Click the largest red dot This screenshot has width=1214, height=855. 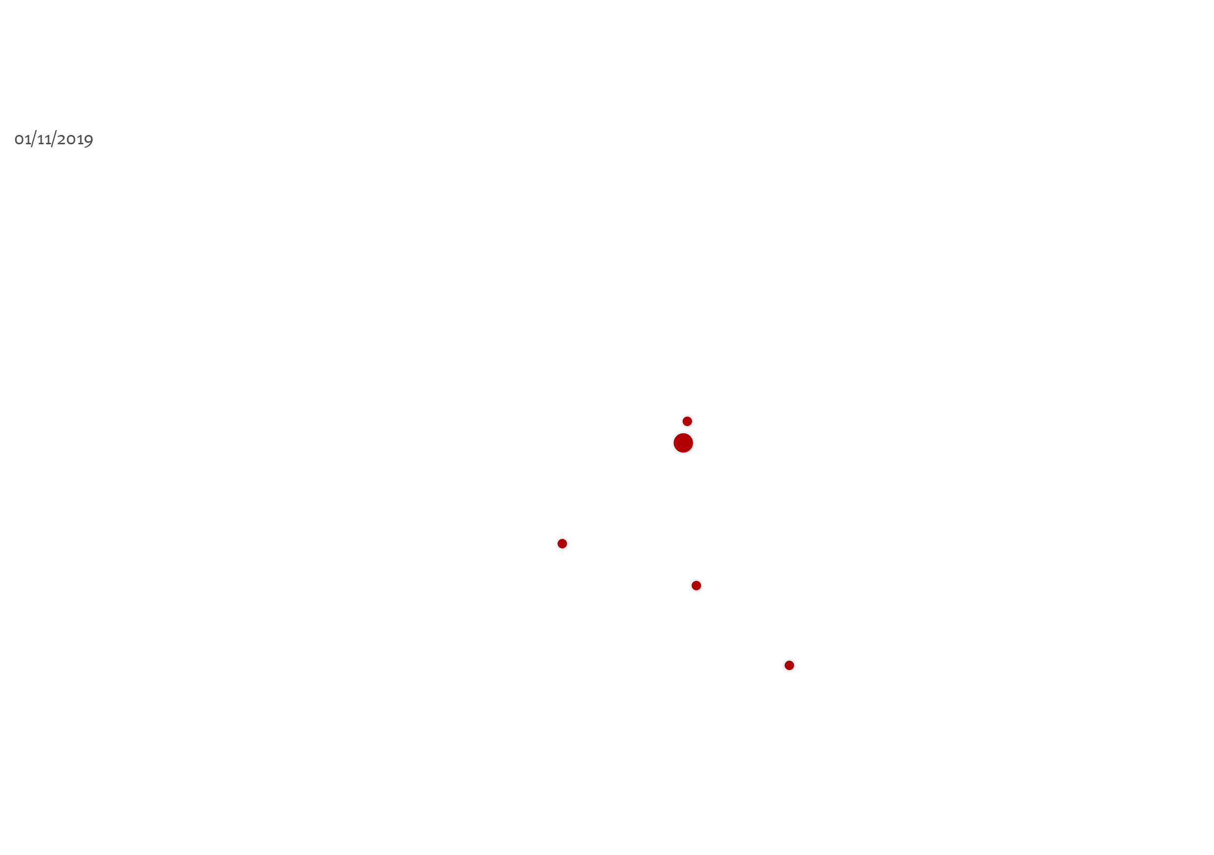(x=683, y=443)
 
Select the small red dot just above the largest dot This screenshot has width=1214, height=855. (x=687, y=421)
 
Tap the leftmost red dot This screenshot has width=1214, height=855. (x=562, y=544)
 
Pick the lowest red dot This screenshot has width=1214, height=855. (x=789, y=665)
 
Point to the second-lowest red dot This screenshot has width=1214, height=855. (x=697, y=585)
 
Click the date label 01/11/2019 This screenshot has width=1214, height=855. (x=54, y=139)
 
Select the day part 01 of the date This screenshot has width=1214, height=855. (x=23, y=140)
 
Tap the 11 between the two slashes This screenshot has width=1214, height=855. (x=44, y=140)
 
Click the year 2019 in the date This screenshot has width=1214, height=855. (x=75, y=140)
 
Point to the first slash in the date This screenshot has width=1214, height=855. (x=34, y=139)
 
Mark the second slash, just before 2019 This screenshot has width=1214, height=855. (x=54, y=139)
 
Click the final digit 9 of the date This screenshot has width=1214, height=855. (x=89, y=141)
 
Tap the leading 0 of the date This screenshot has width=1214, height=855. (x=19, y=140)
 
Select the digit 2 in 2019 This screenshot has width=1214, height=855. (x=61, y=139)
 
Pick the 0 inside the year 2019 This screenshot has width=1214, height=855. (x=71, y=140)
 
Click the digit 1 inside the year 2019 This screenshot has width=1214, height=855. (x=80, y=140)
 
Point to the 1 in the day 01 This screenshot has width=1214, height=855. (x=27, y=140)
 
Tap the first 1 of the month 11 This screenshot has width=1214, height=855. (x=41, y=140)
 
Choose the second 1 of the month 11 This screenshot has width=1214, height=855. (x=48, y=140)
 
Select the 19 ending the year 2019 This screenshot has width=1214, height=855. (x=85, y=140)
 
